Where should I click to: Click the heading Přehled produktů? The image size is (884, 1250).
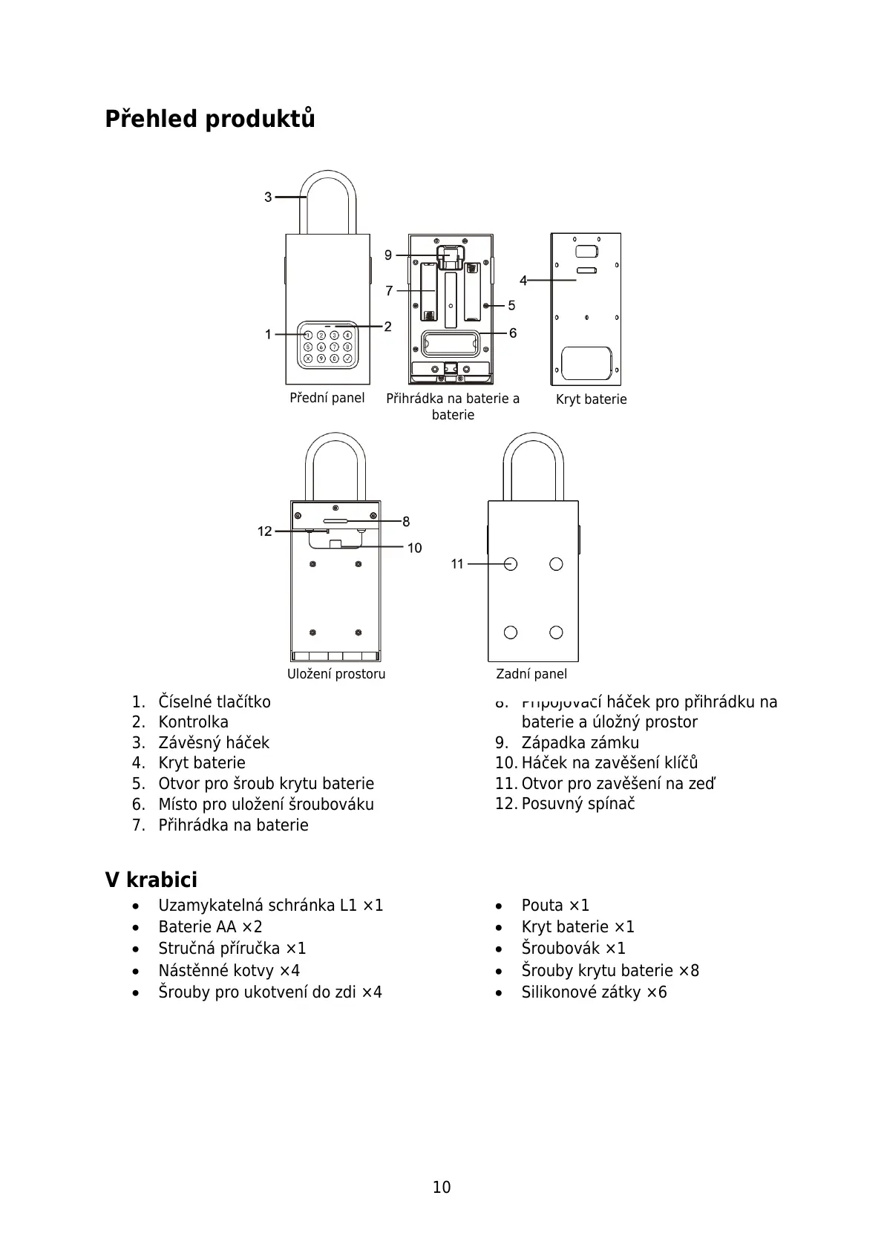click(210, 119)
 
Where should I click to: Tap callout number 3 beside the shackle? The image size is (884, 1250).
click(269, 197)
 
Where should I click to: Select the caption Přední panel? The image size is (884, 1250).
click(327, 398)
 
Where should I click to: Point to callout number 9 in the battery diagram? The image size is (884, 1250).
click(388, 255)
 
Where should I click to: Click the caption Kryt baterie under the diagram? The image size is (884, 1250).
click(591, 399)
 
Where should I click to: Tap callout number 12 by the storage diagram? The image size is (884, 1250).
click(265, 531)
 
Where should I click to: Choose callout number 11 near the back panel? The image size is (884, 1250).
click(457, 564)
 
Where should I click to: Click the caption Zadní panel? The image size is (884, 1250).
click(531, 674)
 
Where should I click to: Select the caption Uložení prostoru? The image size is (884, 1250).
click(336, 674)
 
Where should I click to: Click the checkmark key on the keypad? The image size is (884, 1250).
click(347, 359)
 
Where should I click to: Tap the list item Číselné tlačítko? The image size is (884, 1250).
click(215, 702)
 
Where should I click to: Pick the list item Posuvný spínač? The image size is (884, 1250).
click(578, 804)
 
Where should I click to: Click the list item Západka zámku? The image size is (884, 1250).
click(580, 743)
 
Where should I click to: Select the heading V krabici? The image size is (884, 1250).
click(151, 880)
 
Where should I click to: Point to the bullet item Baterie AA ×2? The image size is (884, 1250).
click(210, 927)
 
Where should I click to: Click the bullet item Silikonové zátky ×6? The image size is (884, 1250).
click(594, 992)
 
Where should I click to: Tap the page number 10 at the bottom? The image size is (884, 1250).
click(442, 1188)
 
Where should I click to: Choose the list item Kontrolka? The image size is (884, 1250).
click(193, 722)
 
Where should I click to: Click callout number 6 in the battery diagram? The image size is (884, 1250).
click(513, 333)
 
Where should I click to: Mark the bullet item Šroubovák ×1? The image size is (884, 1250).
click(573, 949)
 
